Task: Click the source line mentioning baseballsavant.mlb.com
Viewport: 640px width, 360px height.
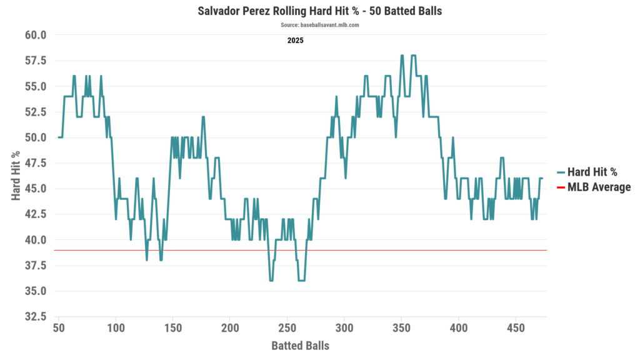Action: pos(320,25)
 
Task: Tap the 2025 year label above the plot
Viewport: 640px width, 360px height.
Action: pos(295,41)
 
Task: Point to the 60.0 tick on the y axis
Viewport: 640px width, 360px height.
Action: pos(36,35)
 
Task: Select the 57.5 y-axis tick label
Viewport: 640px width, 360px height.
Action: pos(36,61)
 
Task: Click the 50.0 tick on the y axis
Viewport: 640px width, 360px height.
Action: pos(36,137)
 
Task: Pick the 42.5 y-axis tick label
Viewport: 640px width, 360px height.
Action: pos(36,214)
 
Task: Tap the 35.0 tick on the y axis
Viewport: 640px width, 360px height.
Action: pos(36,291)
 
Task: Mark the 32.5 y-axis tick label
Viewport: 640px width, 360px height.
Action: pos(36,317)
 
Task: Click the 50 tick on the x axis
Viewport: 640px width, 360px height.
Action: pos(59,329)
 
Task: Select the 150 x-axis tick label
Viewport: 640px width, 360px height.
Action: pos(173,329)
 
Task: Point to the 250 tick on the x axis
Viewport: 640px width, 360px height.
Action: pos(287,329)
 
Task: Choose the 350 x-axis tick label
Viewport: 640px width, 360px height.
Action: pos(401,329)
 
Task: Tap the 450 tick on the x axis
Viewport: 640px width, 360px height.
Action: pos(516,329)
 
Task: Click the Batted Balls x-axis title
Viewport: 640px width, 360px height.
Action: pos(300,346)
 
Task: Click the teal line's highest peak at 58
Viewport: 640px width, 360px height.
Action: pos(402,56)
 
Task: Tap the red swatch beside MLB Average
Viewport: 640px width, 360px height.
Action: pos(561,187)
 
